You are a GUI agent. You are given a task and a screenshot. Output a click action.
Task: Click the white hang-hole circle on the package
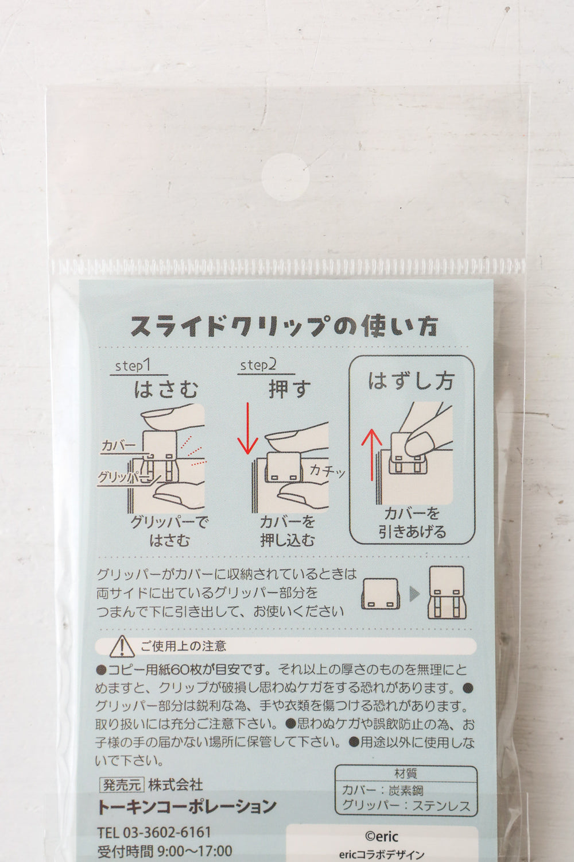point(286,176)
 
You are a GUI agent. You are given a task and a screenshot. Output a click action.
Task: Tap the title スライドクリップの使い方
point(284,327)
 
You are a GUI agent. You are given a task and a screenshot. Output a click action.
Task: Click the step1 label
point(133,365)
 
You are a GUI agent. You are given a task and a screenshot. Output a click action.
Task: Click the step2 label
point(258,365)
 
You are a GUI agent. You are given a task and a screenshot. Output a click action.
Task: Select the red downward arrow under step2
point(247,428)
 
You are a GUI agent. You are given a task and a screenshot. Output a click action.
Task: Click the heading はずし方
point(411,380)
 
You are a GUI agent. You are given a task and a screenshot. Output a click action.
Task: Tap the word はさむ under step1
point(166,389)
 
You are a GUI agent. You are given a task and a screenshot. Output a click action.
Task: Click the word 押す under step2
point(289,389)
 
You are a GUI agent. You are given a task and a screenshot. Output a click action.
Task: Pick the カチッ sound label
point(327,470)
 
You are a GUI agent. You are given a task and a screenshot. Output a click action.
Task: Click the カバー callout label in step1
point(118,445)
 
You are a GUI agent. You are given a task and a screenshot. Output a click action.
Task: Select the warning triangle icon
point(122,646)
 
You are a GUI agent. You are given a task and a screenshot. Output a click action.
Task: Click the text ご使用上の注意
point(183,646)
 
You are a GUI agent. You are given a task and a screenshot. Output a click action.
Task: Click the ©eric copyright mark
point(381,836)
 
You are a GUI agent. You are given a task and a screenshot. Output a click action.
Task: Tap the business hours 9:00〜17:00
point(195,851)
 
